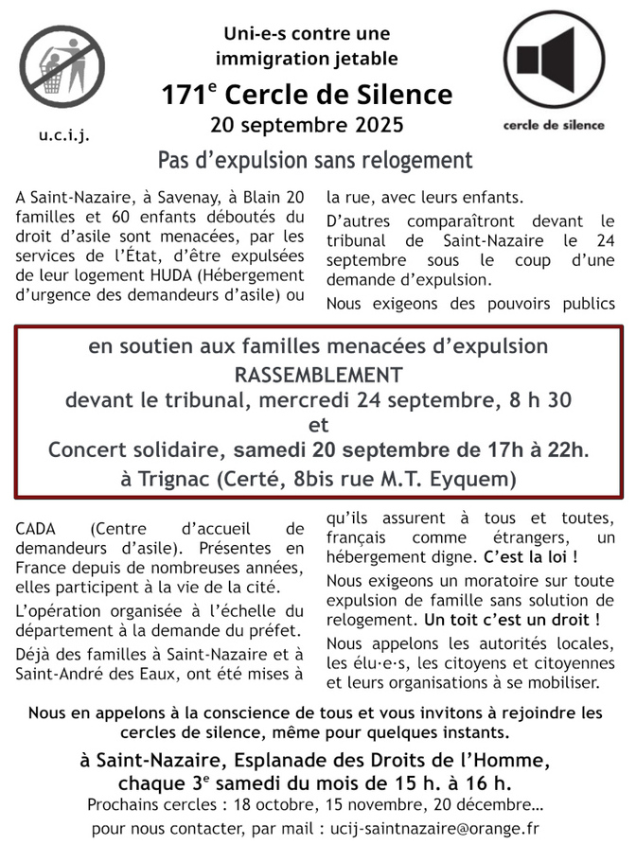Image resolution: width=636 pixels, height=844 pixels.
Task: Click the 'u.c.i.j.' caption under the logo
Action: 64,134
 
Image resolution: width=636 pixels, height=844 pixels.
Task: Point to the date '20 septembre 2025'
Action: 307,125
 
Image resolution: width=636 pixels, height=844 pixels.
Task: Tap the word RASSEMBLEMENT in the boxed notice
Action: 318,374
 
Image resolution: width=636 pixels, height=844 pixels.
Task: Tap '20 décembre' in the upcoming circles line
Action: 476,805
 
